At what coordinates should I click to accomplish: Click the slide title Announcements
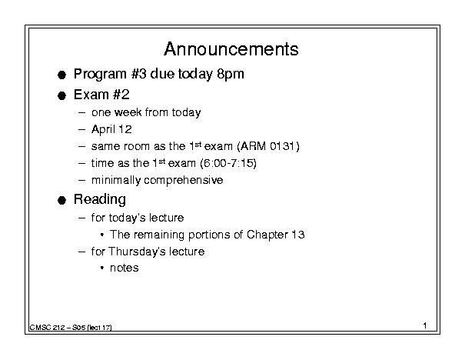(231, 48)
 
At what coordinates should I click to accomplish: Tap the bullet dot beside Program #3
(61, 75)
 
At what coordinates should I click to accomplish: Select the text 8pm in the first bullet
(231, 74)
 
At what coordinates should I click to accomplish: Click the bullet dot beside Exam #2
(61, 96)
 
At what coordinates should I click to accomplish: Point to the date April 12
(111, 129)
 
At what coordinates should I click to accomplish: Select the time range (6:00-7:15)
(228, 163)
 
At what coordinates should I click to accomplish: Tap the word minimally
(116, 180)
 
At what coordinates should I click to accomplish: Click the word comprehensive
(183, 181)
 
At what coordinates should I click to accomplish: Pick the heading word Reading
(100, 199)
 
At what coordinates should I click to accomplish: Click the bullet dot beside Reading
(61, 201)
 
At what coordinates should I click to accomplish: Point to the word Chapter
(267, 235)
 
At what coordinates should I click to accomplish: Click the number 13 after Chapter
(297, 235)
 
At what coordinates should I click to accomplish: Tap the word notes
(125, 268)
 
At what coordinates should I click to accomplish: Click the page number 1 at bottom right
(425, 325)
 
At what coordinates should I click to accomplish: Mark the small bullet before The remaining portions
(102, 235)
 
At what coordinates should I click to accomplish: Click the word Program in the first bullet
(100, 74)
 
